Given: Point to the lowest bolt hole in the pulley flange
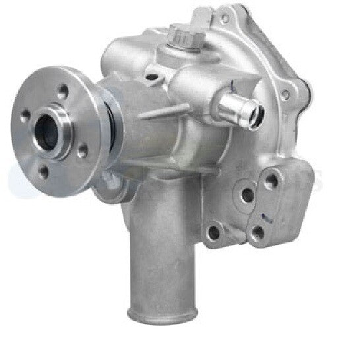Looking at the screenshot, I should [x=44, y=173].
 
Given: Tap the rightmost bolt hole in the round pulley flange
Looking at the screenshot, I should [x=83, y=150].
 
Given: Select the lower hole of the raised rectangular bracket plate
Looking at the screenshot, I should [x=257, y=231].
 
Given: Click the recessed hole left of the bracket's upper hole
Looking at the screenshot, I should [x=246, y=195].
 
